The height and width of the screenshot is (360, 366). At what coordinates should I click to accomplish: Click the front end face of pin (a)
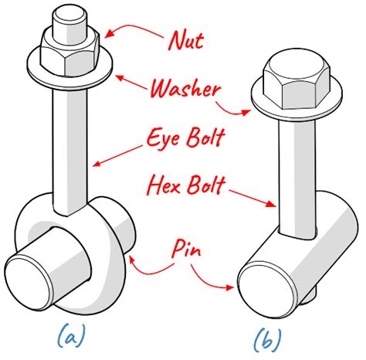[x=33, y=275]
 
